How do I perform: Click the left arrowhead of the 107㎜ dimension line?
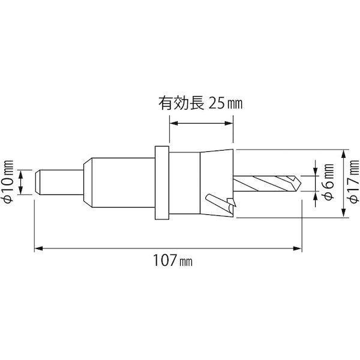click(x=36, y=247)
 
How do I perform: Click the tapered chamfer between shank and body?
click(x=86, y=182)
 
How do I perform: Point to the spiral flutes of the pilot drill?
click(x=264, y=182)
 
